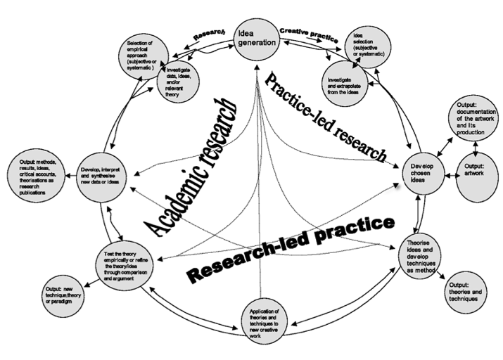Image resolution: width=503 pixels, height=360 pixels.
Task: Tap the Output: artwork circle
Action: pos(478,171)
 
